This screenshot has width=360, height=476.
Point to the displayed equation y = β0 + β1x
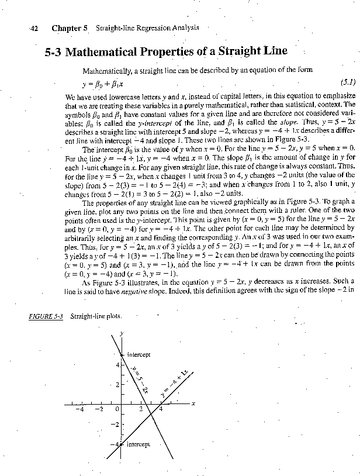(105, 82)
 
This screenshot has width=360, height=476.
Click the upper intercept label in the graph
(139, 354)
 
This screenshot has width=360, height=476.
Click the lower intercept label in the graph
(139, 444)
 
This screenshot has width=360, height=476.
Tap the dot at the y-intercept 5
(121, 355)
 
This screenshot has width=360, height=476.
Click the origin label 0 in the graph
(117, 409)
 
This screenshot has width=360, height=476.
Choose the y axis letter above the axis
(122, 334)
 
